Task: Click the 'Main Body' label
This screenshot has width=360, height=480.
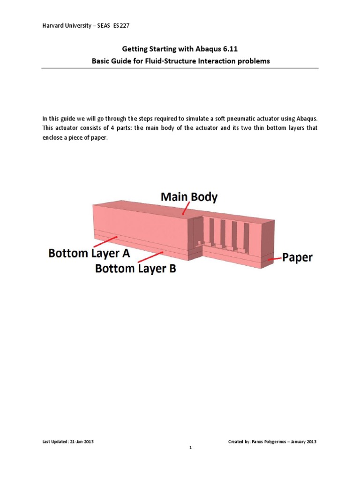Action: click(189, 197)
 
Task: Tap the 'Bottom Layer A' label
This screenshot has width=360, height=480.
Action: click(89, 254)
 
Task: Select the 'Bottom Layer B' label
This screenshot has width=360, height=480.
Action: click(135, 269)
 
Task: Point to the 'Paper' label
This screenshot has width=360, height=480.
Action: click(297, 257)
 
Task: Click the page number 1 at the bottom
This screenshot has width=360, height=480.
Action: click(191, 448)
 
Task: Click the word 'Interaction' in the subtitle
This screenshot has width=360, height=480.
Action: click(225, 61)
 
